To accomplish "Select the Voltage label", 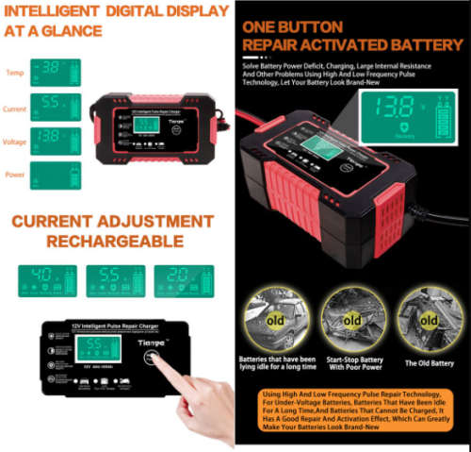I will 16,140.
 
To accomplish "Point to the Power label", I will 14,174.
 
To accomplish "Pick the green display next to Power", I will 56,175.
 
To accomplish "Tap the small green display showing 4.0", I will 47,279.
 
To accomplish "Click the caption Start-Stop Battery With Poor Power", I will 350,362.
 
